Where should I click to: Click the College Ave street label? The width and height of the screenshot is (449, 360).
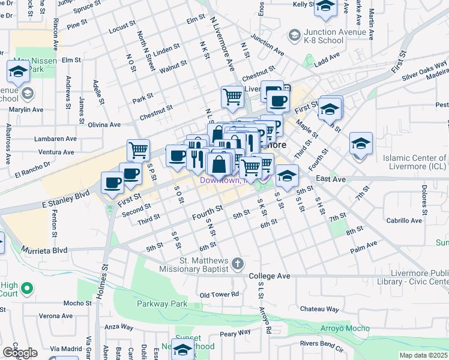pyautogui.click(x=270, y=276)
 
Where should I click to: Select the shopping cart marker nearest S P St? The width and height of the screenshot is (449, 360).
pyautogui.click(x=138, y=149)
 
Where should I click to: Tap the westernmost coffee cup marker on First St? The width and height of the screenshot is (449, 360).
pyautogui.click(x=112, y=182)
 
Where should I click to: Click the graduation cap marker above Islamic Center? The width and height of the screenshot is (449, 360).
pyautogui.click(x=361, y=143)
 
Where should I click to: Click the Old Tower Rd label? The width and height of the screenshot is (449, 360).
pyautogui.click(x=219, y=295)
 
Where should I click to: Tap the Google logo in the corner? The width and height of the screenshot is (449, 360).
pyautogui.click(x=20, y=353)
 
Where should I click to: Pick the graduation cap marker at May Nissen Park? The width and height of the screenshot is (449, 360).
pyautogui.click(x=18, y=71)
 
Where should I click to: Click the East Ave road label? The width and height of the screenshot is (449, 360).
pyautogui.click(x=331, y=179)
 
